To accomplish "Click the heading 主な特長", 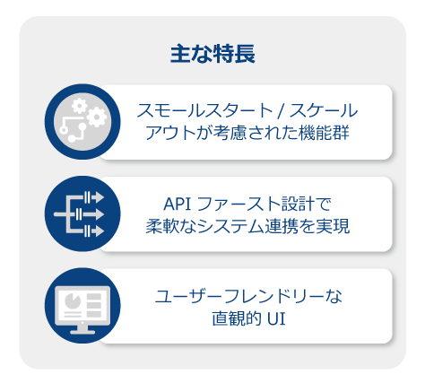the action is point(212,54).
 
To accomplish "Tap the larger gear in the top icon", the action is point(97,117).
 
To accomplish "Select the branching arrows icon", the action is point(79,214).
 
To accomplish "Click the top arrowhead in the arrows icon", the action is point(99,197).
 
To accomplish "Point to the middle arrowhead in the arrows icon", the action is point(99,214).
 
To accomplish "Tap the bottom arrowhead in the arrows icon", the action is point(99,231).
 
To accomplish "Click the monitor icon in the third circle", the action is point(82,309).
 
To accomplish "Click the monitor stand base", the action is point(82,332).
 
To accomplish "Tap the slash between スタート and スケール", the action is point(280,111).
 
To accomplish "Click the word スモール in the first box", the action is point(169,110).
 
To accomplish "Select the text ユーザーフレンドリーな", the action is point(248,296).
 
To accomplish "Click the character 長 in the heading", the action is point(245,54).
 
